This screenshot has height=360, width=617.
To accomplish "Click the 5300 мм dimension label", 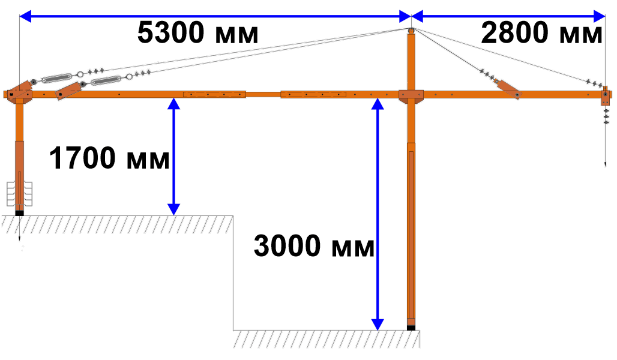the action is coord(198,32).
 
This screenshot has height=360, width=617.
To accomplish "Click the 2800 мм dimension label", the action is coord(541,32).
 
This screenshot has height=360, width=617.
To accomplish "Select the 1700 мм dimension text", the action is coord(109,158).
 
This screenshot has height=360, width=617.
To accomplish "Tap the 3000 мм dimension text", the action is coord(314,246).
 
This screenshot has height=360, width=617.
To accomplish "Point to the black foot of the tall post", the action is coord(411,328).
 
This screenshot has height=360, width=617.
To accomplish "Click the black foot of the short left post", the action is coord(19,213).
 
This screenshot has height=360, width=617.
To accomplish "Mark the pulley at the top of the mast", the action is coord(411,31).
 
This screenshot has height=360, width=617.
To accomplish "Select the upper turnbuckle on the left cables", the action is coord(56,78).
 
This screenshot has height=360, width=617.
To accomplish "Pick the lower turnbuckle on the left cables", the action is coord(106,80).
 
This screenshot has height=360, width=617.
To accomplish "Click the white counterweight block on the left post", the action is coord(19,194).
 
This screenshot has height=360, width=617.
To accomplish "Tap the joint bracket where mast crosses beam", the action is coord(411,95).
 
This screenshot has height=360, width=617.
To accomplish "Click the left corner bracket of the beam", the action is coord(19,93).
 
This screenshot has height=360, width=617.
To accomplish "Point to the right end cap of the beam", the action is coord(606,95).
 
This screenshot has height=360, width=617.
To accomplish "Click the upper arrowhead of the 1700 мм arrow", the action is coord(173,104).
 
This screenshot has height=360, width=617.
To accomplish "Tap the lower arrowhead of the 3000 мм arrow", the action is coord(378,325).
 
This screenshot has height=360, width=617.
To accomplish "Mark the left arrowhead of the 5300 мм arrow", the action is coord(25,17).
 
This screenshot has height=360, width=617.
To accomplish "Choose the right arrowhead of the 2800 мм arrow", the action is coord(599,17).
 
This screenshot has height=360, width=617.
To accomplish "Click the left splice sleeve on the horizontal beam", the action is coord(214,94).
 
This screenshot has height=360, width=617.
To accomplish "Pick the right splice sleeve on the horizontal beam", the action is coord(313,94).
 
